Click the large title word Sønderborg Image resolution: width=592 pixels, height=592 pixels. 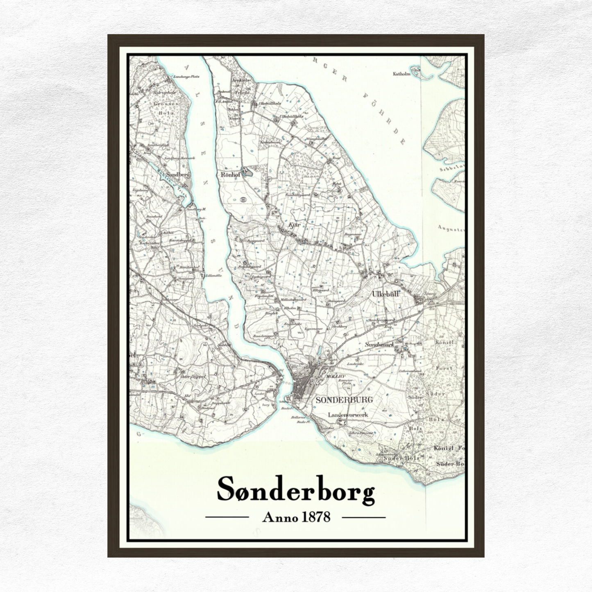(295, 489)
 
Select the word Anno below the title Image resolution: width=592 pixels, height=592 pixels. (280, 517)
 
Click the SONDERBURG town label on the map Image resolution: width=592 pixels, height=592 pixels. (344, 400)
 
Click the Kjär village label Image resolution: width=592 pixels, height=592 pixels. (294, 225)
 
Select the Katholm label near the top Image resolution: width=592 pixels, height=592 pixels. (401, 74)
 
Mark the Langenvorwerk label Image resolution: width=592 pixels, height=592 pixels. (348, 415)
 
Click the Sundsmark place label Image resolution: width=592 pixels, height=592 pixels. (379, 345)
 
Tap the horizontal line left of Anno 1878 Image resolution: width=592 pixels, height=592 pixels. (227, 517)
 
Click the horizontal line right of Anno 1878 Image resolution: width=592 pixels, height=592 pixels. (363, 517)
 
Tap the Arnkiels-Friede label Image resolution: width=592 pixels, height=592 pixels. (241, 86)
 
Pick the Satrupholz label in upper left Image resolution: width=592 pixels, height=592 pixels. (164, 93)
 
